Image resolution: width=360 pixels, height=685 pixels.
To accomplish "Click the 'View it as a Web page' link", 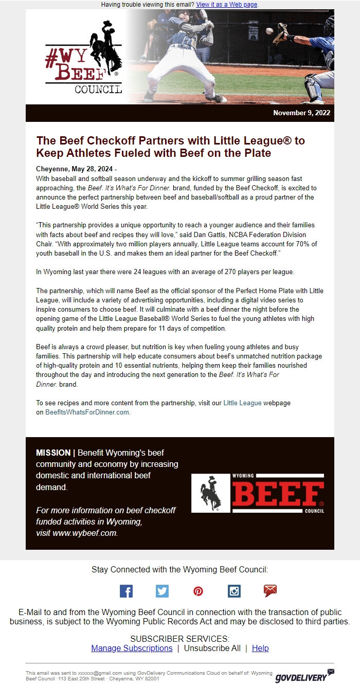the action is point(226,5).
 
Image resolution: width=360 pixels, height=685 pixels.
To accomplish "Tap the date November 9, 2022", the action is point(301,113).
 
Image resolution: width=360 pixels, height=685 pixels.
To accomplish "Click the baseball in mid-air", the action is point(269,31).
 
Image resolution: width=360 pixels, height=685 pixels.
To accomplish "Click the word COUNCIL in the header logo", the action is point(98,89).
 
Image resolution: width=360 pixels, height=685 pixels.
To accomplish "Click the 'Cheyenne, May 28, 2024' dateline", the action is point(75,169).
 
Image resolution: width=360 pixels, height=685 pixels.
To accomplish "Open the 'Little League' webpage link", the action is point(242,403).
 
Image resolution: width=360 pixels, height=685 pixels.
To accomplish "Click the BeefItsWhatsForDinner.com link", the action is point(87,412).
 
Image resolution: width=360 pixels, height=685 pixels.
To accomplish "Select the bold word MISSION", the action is point(53,453).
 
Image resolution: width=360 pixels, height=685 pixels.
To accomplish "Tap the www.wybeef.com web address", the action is point(85,533).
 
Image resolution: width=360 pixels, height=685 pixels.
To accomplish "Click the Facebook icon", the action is point(126,591).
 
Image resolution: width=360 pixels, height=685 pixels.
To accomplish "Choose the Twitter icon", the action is point(162,591).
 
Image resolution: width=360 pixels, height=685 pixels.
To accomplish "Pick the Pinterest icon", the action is point(198,591).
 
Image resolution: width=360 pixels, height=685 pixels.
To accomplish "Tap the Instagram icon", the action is point(234,591).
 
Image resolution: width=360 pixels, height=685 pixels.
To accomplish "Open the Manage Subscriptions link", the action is point(132,648).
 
